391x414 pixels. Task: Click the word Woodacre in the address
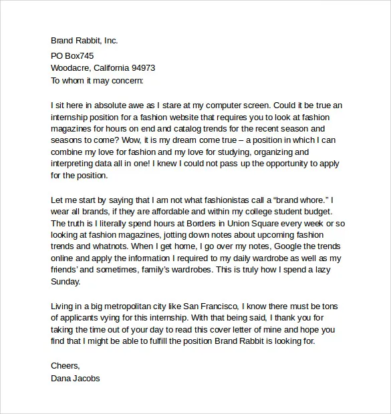(71, 67)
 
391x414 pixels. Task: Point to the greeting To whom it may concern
(97, 80)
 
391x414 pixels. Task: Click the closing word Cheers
(65, 366)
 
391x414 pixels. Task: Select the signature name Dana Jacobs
(75, 378)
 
